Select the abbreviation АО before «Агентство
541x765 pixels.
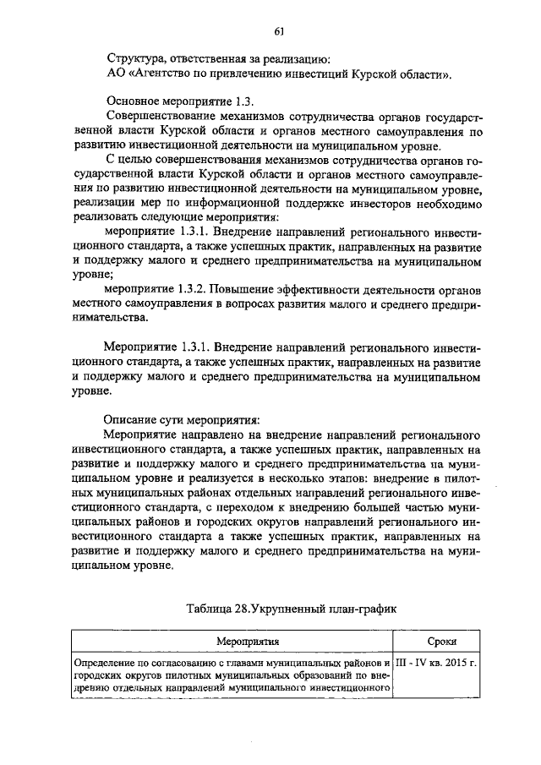(x=116, y=74)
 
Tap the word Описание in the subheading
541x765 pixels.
(x=131, y=419)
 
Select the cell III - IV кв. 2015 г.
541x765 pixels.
(x=437, y=662)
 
